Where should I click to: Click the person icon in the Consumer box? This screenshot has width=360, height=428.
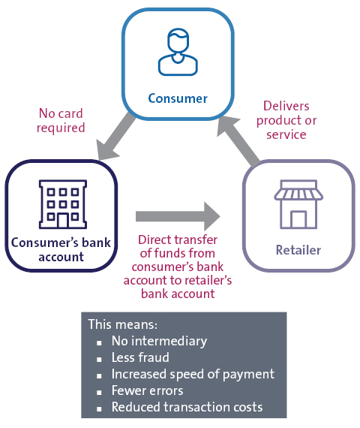(178, 52)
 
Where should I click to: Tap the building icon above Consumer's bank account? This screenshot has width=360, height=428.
(63, 204)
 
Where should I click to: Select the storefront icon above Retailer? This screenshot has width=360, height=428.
(298, 204)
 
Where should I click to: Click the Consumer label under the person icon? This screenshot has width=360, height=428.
(178, 98)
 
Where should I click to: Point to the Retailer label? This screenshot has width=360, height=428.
(298, 250)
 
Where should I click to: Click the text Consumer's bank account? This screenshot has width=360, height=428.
(61, 249)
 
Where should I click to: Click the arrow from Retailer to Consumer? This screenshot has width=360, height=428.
(238, 140)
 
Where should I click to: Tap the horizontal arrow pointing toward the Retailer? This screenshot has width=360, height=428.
(178, 216)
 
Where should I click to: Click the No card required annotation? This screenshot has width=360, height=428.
(61, 121)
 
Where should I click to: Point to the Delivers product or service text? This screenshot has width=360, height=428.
(286, 120)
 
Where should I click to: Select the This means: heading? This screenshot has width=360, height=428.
(123, 324)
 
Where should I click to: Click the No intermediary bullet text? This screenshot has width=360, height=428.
(159, 341)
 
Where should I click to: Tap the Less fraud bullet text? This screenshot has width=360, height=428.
(140, 357)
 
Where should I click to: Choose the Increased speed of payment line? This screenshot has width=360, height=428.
(193, 374)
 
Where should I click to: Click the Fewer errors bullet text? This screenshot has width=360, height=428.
(147, 390)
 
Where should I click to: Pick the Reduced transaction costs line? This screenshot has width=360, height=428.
(187, 407)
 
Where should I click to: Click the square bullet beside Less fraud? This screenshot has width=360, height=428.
(99, 360)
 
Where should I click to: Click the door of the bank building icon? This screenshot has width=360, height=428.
(63, 221)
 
